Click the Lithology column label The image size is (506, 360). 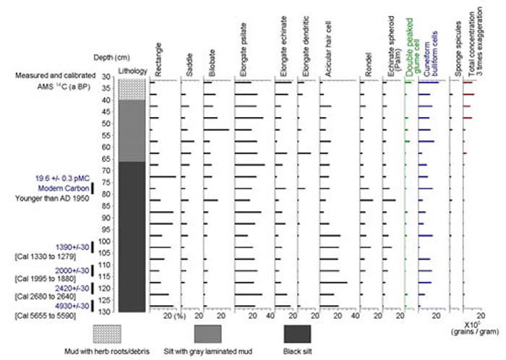click(x=132, y=71)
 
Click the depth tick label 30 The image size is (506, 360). click(x=105, y=77)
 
